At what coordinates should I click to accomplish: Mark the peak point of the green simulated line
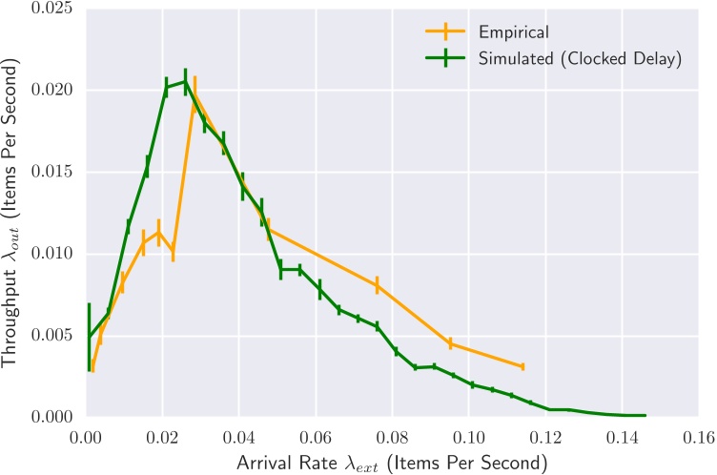(x=185, y=82)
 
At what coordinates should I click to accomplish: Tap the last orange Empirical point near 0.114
(x=522, y=366)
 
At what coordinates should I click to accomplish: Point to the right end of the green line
(x=645, y=415)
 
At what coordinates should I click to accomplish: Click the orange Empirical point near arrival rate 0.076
(x=377, y=284)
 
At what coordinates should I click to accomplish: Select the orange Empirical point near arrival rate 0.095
(x=450, y=343)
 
